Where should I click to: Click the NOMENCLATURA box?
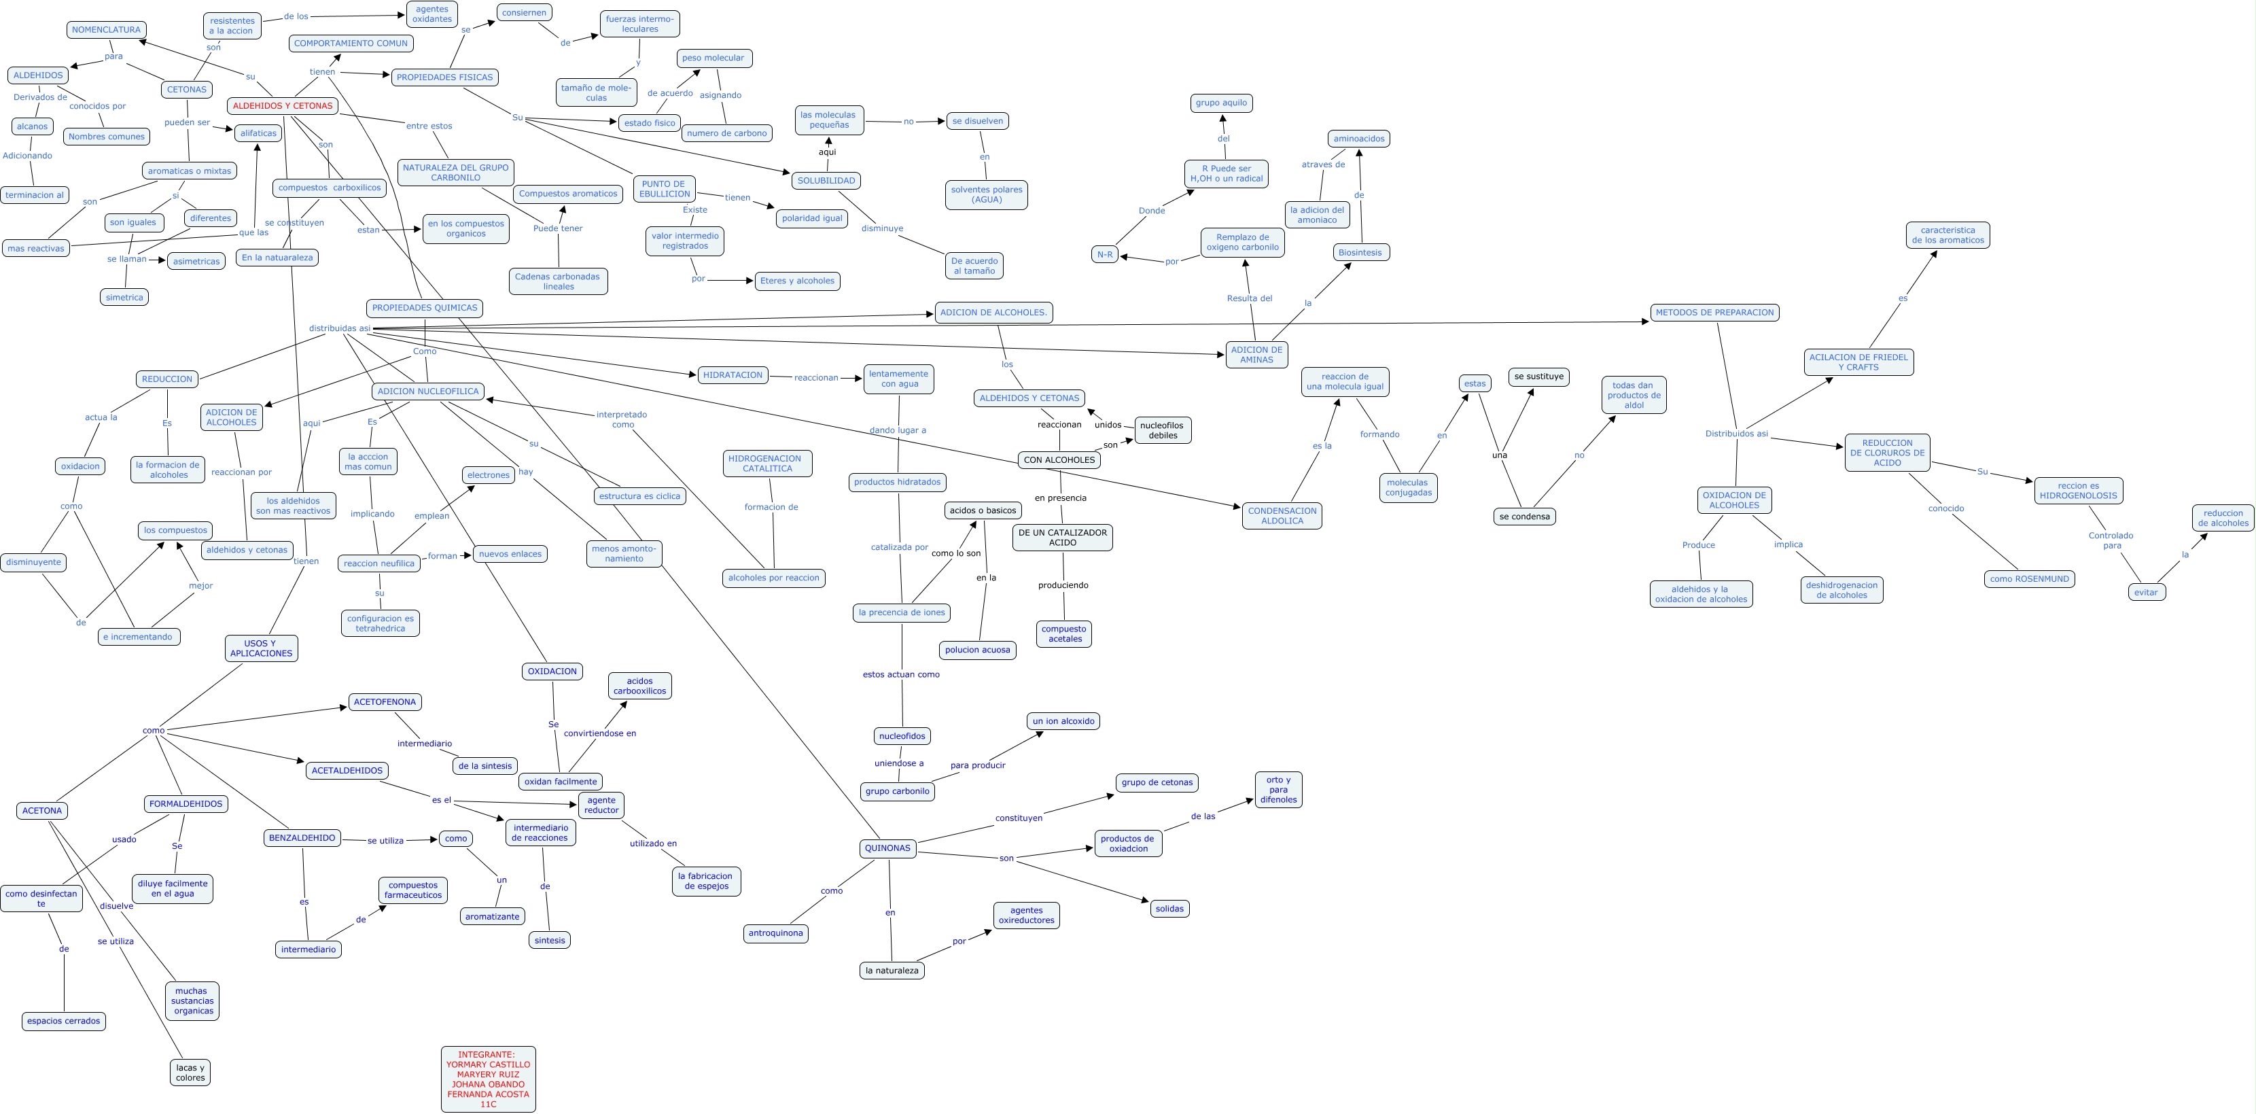[106, 30]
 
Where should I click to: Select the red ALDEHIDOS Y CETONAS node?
[283, 106]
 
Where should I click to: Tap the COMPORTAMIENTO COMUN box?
[351, 43]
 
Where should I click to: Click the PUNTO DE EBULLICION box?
[664, 189]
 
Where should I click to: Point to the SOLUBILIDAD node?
[826, 180]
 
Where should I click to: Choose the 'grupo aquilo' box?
[1221, 103]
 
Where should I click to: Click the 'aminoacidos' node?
[1358, 139]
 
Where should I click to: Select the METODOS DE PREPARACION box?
[1714, 313]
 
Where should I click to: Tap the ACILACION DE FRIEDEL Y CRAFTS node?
[1858, 362]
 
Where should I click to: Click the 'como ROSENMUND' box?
[2028, 579]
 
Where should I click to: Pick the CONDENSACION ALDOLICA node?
[1282, 516]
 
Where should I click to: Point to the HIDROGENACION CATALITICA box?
[767, 464]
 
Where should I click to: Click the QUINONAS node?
[887, 848]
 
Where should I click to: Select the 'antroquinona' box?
[775, 933]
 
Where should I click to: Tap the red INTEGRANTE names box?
[488, 1079]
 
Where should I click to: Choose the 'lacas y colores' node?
[190, 1072]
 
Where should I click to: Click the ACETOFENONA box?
[385, 701]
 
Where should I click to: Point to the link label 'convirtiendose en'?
[599, 733]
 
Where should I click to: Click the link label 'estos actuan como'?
[900, 674]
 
